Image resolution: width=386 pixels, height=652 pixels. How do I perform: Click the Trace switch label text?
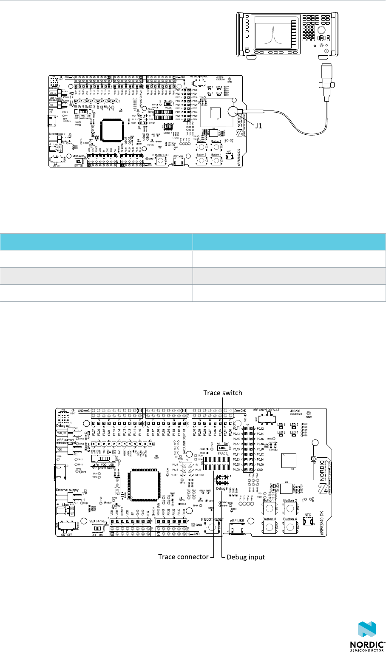222,392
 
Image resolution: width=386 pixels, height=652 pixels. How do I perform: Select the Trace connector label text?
183,556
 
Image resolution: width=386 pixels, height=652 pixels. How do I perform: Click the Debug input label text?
246,556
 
